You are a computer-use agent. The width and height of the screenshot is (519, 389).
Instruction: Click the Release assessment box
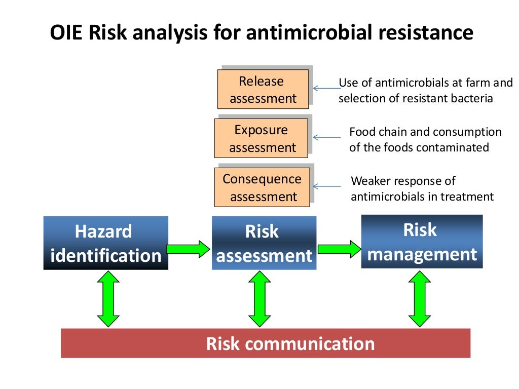coord(263,89)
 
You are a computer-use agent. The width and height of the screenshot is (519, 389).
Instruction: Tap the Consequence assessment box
coord(262,187)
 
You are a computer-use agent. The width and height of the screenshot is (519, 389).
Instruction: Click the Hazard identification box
coord(105,243)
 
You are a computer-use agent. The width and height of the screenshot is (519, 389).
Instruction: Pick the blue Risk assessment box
coord(264,243)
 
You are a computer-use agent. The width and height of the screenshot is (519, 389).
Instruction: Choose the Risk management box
coord(422,241)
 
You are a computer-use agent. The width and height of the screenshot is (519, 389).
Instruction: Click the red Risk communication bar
coord(266,343)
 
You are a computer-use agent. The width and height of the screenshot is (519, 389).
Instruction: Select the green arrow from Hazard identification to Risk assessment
coord(188,249)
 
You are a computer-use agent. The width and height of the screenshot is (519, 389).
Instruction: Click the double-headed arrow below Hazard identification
coord(108,299)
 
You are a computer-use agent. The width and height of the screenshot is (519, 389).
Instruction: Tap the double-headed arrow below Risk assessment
coord(259,299)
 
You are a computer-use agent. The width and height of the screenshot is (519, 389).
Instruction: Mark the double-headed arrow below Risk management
coord(420,299)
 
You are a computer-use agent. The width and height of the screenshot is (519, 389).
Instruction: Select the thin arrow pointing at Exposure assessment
coord(327,137)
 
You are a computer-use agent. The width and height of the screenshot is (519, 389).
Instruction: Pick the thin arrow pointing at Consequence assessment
coord(327,186)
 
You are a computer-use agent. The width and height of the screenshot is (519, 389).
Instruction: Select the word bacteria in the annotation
coord(473,99)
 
